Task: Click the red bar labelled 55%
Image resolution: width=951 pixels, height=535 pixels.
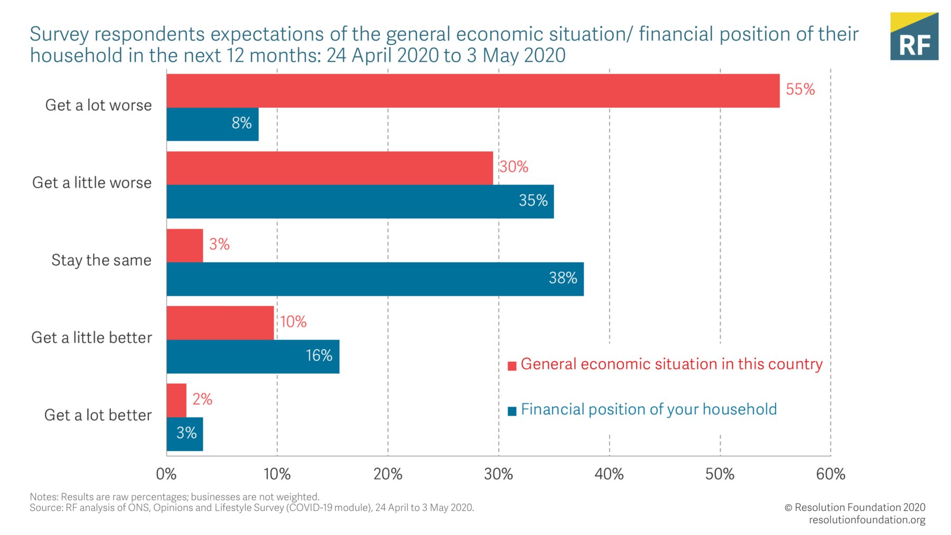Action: [473, 91]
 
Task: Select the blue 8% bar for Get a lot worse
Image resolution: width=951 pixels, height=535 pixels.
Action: [212, 124]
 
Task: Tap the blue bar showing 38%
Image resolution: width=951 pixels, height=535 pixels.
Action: [375, 279]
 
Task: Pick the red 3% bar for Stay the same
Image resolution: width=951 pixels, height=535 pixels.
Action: [184, 246]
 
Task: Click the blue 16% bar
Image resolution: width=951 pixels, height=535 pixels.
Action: [253, 356]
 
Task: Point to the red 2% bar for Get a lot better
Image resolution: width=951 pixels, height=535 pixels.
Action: [176, 400]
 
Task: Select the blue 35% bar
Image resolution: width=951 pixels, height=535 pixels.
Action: [360, 201]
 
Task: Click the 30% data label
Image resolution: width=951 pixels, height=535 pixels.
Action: [514, 167]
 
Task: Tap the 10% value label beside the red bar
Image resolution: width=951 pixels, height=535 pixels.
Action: [293, 322]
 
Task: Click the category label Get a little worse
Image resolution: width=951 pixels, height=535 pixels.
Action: [92, 183]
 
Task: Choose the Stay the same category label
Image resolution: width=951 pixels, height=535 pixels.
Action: [101, 260]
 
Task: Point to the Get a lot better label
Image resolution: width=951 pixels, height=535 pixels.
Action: [98, 415]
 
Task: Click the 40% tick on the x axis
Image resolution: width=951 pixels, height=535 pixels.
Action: [609, 474]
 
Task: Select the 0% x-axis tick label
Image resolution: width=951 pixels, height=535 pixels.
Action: [166, 474]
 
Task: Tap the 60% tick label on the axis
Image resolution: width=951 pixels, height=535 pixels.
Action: [830, 474]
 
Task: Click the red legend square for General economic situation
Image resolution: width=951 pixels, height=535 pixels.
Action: [511, 366]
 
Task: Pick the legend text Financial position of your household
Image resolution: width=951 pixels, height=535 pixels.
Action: [648, 409]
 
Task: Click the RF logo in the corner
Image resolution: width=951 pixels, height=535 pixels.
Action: [914, 36]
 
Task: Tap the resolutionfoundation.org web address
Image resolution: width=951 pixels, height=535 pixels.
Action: [866, 520]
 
